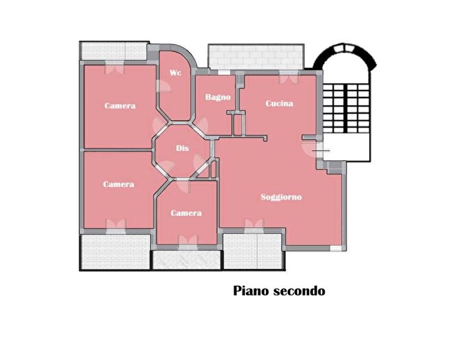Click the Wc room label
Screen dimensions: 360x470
(x=176, y=73)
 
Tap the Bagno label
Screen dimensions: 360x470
(x=218, y=97)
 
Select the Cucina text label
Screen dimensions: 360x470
(x=280, y=104)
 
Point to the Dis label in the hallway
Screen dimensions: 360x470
(x=182, y=148)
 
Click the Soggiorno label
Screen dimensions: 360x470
(x=281, y=197)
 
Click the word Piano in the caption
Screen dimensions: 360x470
(x=252, y=291)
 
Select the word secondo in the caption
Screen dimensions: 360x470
(x=300, y=291)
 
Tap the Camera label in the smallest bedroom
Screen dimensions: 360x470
(x=186, y=213)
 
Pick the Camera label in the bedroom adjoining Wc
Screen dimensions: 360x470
(x=120, y=106)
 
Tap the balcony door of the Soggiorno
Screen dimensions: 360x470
(x=253, y=226)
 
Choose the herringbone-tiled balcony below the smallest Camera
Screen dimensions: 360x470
(x=186, y=260)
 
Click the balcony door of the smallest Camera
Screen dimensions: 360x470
(x=186, y=241)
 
